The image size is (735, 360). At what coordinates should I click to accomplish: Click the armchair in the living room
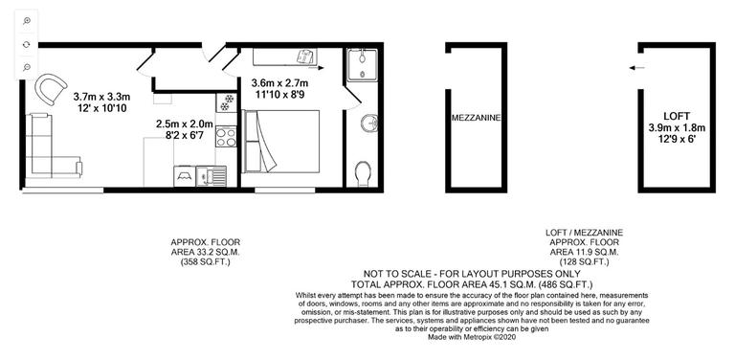tap(48, 90)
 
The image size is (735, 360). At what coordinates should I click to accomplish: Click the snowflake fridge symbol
tap(229, 101)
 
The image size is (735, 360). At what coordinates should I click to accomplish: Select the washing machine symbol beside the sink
tap(183, 176)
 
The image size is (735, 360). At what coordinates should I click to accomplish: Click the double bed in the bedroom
tap(282, 148)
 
